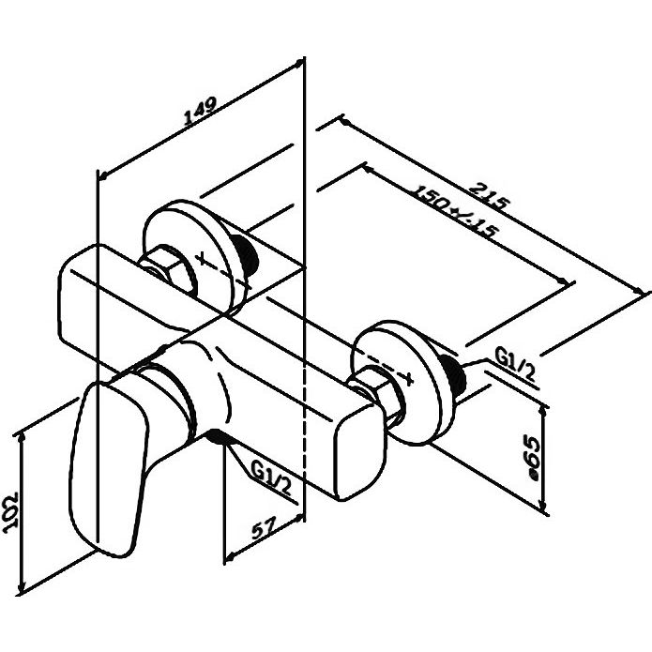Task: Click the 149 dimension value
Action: (x=200, y=112)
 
